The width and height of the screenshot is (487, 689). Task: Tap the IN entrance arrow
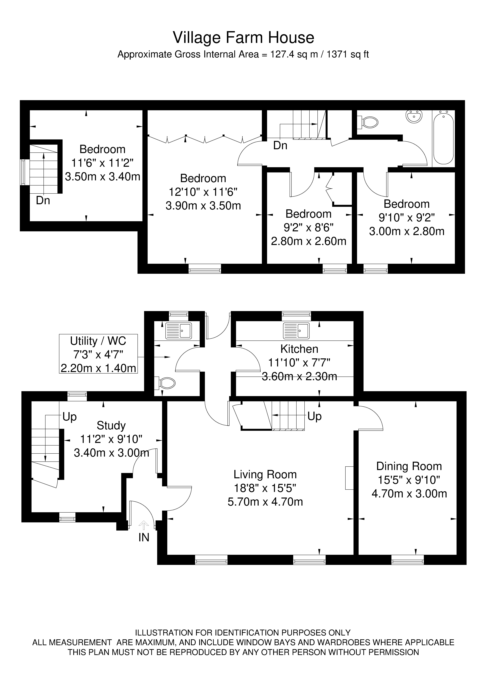[144, 525]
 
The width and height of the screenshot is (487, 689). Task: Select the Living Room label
[265, 474]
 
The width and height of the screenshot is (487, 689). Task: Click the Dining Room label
[409, 466]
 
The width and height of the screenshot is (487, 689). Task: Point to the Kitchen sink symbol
[296, 331]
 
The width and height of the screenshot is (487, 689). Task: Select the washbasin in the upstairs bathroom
[414, 116]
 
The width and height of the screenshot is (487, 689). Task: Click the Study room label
[111, 426]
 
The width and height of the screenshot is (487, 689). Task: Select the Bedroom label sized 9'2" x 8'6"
[308, 214]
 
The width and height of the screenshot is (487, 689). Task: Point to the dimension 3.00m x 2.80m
[407, 231]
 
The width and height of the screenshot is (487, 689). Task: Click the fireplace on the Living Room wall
[349, 478]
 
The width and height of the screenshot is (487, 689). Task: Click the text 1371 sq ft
[348, 54]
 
